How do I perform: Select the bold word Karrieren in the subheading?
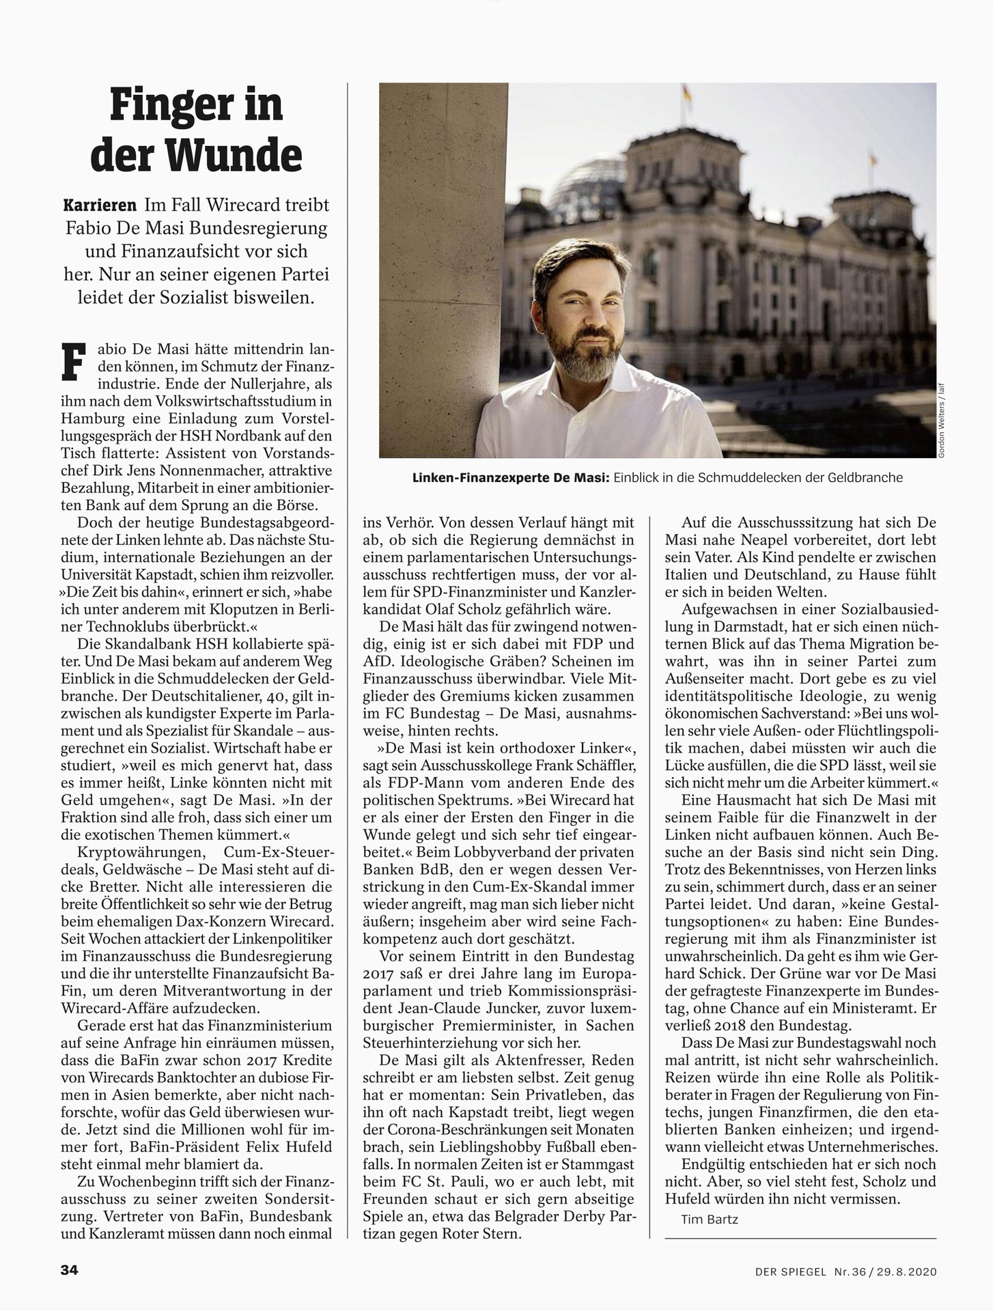pyautogui.click(x=100, y=205)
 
